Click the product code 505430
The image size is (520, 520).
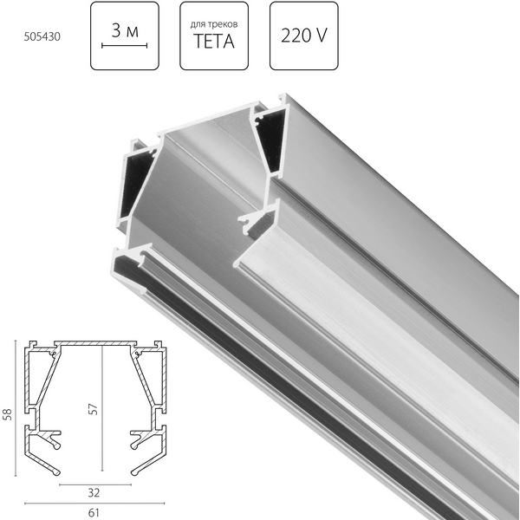tap(42, 36)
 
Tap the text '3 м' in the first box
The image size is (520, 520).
tap(125, 31)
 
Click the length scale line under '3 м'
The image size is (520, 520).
tap(124, 45)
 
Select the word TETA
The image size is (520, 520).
tap(214, 42)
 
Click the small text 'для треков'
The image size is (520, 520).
tap(214, 25)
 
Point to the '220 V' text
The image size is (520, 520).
tap(304, 36)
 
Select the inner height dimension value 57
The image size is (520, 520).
tap(94, 409)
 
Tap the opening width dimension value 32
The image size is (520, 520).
tap(94, 493)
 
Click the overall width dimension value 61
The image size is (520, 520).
tap(94, 513)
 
